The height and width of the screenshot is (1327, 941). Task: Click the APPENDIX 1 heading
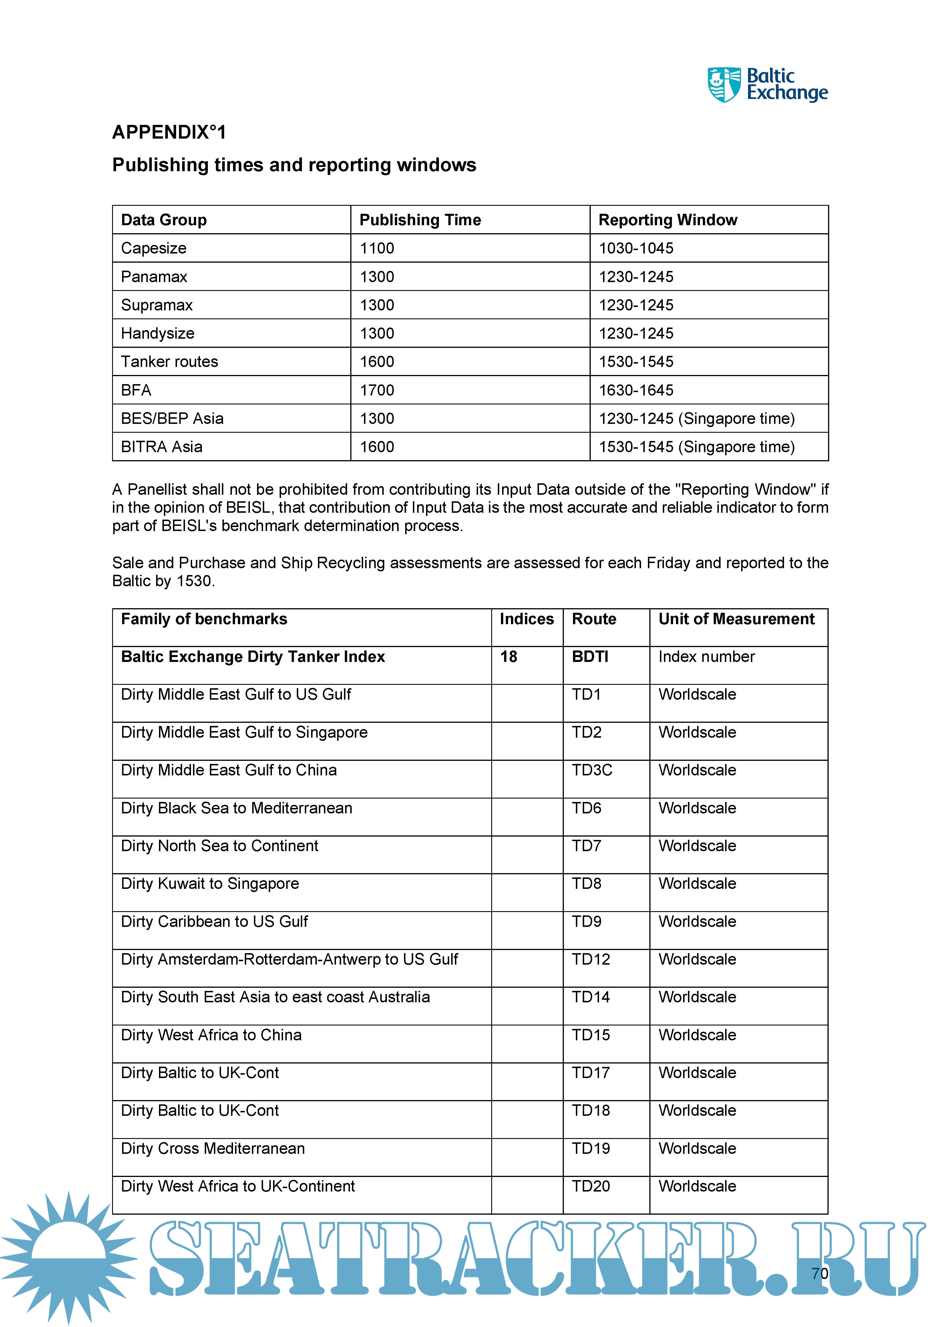169,133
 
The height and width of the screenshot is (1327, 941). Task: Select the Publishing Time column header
420,220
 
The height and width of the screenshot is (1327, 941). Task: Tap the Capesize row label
154,248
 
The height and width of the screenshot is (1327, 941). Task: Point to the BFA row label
136,390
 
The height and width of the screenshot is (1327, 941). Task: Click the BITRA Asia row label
162,447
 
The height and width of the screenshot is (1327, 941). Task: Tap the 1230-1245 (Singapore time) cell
697,419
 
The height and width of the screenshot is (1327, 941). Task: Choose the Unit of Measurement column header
737,619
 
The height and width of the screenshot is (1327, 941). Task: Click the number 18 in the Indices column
509,657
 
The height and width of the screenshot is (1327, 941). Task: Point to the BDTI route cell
590,657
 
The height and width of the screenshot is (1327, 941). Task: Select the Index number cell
706,657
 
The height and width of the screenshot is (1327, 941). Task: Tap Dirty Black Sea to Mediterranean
236,809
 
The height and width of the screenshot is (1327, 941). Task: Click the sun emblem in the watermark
68,1257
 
